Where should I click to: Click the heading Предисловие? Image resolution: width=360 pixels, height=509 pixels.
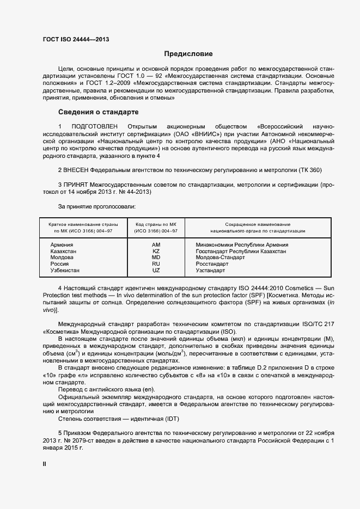[189, 54]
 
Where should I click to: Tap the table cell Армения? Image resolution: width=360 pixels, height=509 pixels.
[62, 245]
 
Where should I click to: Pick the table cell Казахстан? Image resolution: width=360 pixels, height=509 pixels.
[63, 252]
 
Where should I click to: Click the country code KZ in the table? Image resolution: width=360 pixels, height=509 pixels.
[156, 252]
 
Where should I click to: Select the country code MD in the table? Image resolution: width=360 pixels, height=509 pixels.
[156, 257]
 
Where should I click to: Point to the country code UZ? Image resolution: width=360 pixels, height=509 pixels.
[156, 270]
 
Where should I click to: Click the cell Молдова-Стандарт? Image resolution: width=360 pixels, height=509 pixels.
[220, 257]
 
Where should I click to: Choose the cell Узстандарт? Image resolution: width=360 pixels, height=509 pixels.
[210, 270]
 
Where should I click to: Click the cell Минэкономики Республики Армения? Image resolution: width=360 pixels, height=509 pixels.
[242, 245]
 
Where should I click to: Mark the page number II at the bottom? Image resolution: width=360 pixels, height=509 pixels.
[45, 464]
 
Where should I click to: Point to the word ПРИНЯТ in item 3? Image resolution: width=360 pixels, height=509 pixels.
[76, 185]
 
